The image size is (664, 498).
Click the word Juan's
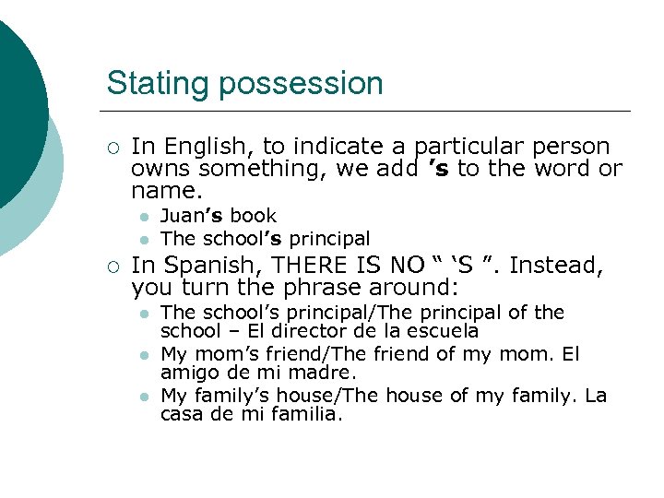tap(193, 216)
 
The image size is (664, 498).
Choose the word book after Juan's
tap(254, 216)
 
